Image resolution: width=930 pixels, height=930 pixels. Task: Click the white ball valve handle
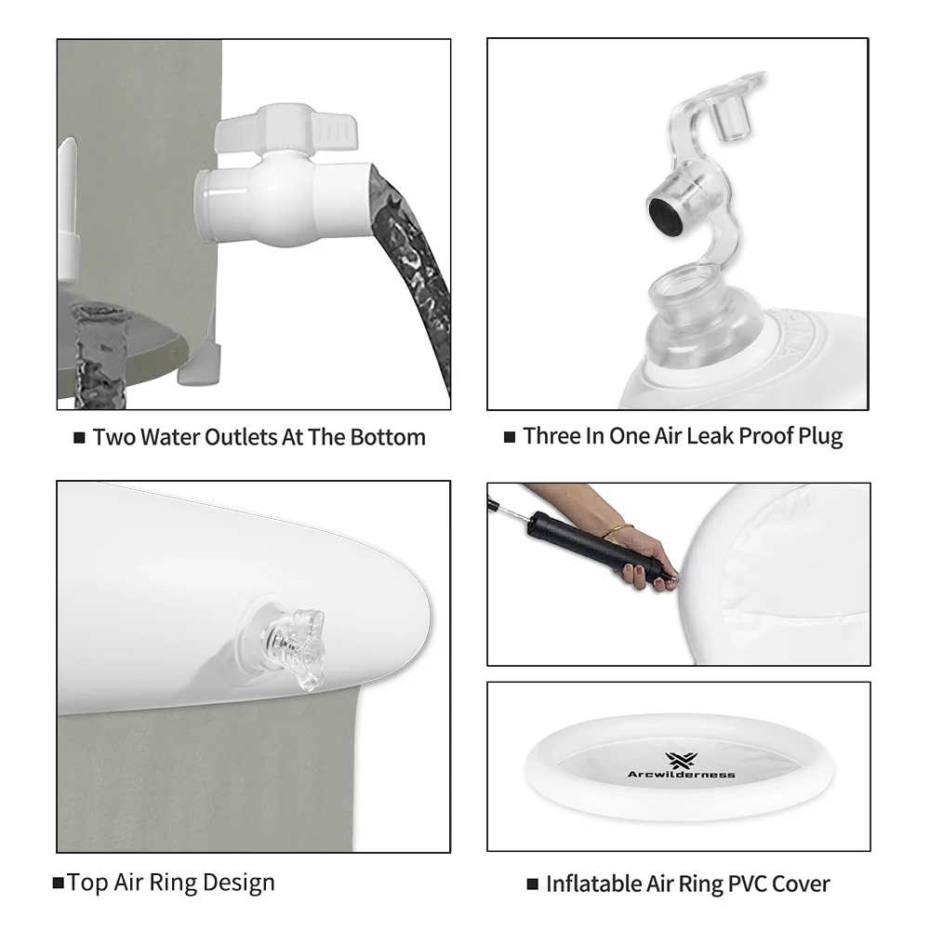(286, 128)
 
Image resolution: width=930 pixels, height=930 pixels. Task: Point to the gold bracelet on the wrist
(618, 530)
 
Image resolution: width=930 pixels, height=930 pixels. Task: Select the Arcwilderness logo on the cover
(681, 765)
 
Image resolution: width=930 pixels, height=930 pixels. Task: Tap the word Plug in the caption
(820, 437)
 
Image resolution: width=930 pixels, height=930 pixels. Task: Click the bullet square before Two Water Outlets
(79, 438)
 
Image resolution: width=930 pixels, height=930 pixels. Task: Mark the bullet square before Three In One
(509, 437)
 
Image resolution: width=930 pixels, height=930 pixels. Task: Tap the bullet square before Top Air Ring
(58, 883)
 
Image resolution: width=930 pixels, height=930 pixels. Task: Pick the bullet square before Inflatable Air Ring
(532, 884)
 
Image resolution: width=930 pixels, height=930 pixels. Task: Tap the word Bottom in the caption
(388, 437)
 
